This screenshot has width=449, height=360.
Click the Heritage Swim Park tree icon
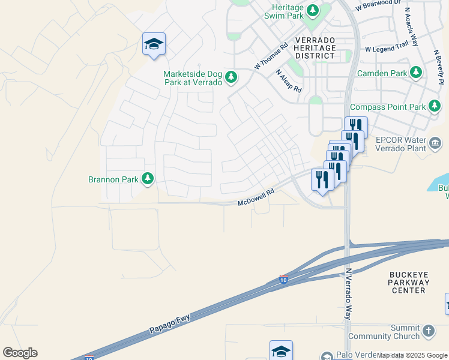tap(312, 10)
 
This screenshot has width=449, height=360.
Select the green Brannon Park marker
tap(147, 179)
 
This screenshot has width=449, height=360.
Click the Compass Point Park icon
tap(435, 107)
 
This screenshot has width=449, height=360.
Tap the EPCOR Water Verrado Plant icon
tap(435, 143)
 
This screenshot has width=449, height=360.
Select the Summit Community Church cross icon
tap(428, 331)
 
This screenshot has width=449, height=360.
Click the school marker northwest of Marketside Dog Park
tap(154, 44)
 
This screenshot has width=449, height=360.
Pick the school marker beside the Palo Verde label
tap(280, 351)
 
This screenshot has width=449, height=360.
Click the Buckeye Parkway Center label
tap(408, 282)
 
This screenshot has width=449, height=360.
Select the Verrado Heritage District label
tap(315, 47)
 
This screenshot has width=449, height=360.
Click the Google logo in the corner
tap(20, 353)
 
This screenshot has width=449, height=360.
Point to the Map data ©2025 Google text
tap(412, 355)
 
